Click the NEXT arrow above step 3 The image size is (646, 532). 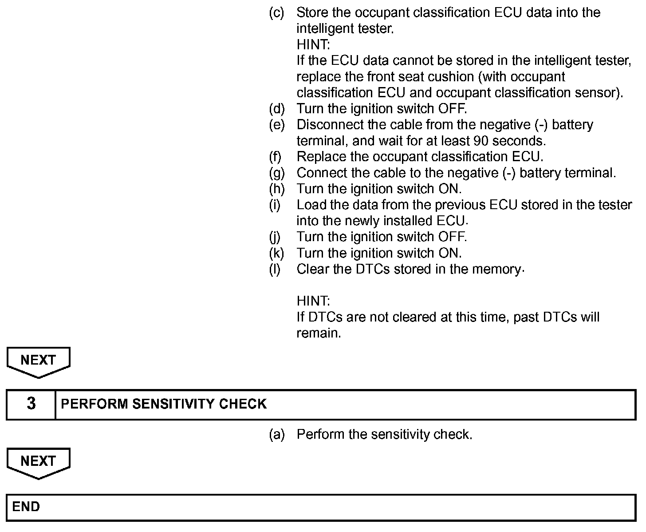[x=38, y=361]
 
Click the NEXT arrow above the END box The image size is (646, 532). [x=38, y=462]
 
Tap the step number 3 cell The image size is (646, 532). [x=31, y=404]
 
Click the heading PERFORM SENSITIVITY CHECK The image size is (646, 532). [x=164, y=404]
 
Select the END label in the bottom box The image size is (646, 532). [x=26, y=507]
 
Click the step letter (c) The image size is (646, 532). [x=277, y=12]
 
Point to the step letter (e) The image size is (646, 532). [x=277, y=125]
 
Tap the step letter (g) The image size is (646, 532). [x=277, y=173]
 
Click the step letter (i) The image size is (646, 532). [x=275, y=205]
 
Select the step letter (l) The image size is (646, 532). [x=275, y=269]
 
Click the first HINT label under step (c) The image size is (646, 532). [x=313, y=45]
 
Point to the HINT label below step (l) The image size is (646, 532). [x=313, y=301]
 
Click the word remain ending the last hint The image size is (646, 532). [x=318, y=333]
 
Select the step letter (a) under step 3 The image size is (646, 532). [x=277, y=434]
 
